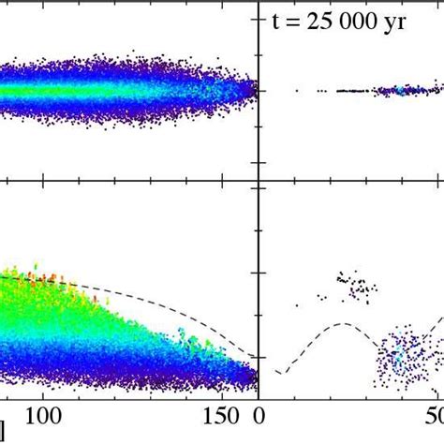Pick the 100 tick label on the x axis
(43, 415)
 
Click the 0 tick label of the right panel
(261, 415)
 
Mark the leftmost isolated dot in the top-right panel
(297, 91)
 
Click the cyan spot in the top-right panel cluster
(398, 91)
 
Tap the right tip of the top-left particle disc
(255, 90)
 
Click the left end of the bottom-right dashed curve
(276, 373)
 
